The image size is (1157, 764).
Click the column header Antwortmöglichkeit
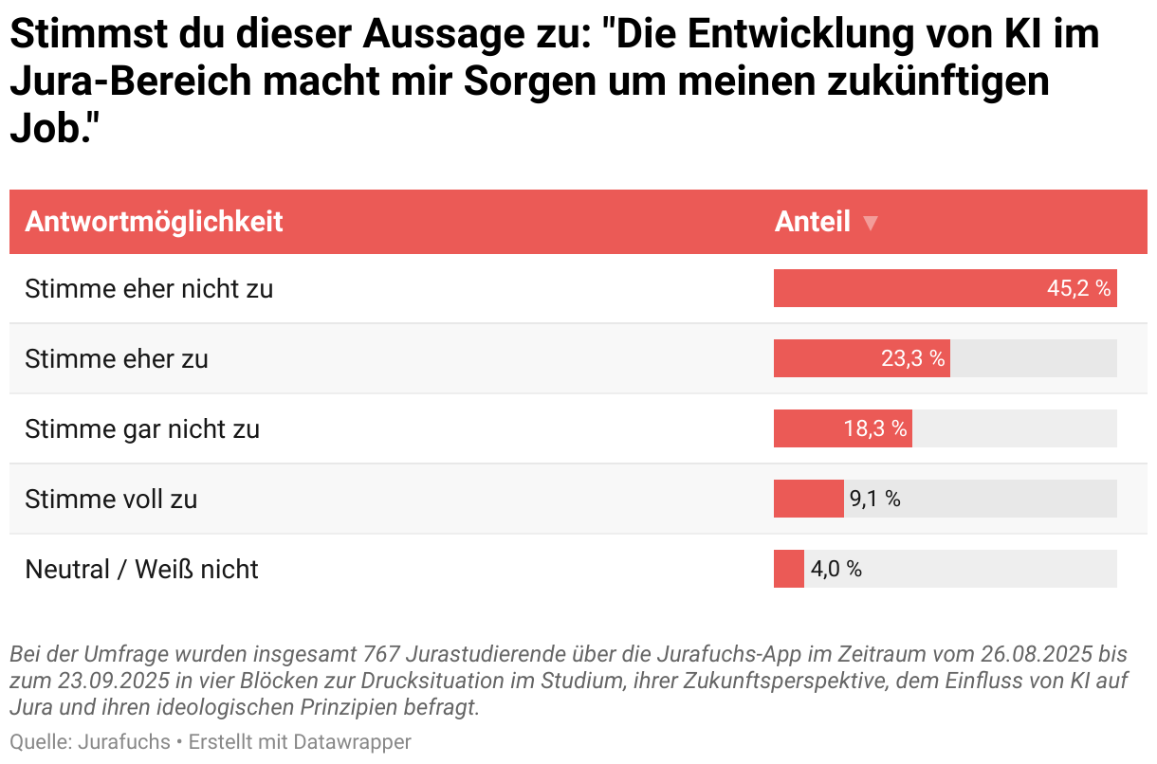(154, 222)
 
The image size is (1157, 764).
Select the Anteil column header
(812, 222)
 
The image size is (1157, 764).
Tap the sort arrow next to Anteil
(870, 224)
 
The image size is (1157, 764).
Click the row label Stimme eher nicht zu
(149, 288)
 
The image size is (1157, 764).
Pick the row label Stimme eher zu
(117, 358)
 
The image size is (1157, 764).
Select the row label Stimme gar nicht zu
(142, 428)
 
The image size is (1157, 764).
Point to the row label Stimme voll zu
(111, 499)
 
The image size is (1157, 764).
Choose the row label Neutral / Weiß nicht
(141, 569)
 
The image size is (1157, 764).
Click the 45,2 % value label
(1078, 288)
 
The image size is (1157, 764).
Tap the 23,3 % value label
(912, 358)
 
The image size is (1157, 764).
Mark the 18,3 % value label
(875, 428)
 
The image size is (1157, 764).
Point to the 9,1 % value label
(874, 499)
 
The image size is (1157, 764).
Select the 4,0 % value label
(836, 569)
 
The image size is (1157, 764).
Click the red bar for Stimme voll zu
(808, 499)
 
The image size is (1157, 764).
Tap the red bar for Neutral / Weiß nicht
(788, 569)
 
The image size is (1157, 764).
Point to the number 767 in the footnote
(379, 655)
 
